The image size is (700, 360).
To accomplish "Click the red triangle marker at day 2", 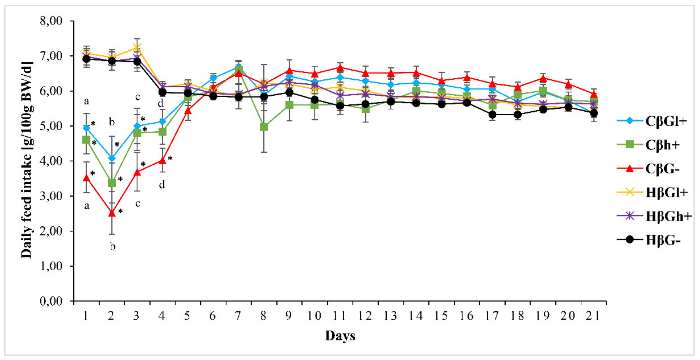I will [112, 213].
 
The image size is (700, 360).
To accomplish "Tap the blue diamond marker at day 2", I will [112, 158].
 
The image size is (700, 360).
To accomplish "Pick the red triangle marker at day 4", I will [162, 161].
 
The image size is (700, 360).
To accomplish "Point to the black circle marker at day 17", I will [492, 115].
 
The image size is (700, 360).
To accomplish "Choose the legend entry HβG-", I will [663, 240].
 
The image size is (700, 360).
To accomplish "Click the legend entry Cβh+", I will [663, 145].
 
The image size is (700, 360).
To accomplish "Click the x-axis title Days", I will [340, 336].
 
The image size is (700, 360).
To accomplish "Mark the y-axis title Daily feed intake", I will [27, 160].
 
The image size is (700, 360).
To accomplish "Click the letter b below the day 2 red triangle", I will [112, 246].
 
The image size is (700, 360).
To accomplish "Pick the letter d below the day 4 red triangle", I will [162, 185].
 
